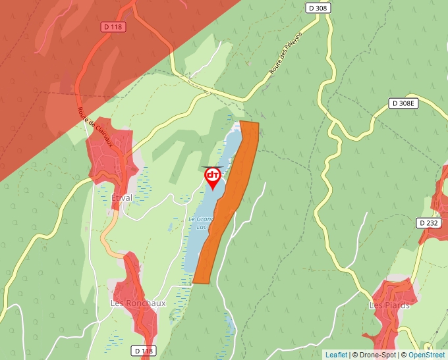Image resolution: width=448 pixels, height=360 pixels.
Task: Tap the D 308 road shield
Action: click(x=318, y=8)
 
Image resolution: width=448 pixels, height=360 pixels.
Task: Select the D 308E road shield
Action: click(x=403, y=103)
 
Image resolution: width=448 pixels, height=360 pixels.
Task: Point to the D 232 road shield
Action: click(x=429, y=224)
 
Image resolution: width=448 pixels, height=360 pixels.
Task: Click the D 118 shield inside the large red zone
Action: click(x=113, y=26)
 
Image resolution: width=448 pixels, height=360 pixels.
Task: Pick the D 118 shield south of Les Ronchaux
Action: click(x=142, y=351)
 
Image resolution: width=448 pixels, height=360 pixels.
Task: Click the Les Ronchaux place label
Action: click(x=138, y=303)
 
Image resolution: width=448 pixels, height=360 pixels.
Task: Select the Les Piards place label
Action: click(x=389, y=305)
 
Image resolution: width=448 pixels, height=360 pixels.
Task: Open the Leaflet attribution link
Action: click(x=336, y=355)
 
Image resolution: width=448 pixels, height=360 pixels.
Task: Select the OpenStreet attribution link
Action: click(x=426, y=355)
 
